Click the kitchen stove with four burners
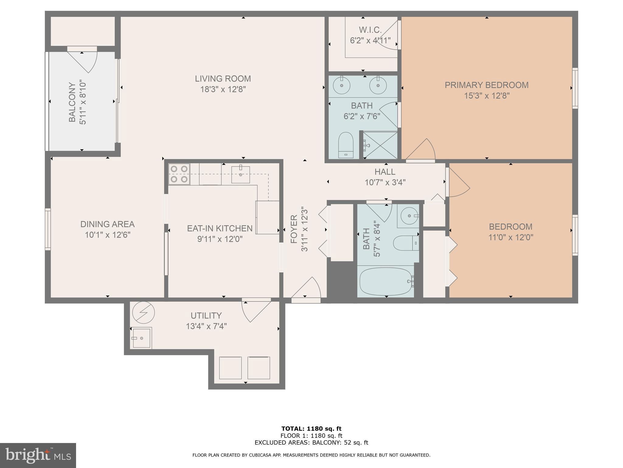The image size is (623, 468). coord(179,174)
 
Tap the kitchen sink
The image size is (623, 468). coord(240,175)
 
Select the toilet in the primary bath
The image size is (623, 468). coord(346,145)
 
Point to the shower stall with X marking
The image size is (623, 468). coord(380,145)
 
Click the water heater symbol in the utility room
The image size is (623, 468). coord(144,313)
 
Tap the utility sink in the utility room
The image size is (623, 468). coord(142,338)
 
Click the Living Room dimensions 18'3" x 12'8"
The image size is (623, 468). coord(223,90)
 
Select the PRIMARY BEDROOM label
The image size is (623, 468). coord(486,85)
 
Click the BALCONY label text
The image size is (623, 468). coord(72,102)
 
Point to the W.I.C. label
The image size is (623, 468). coord(370,30)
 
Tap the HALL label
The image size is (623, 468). coord(385,172)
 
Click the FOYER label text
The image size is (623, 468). coord(294,229)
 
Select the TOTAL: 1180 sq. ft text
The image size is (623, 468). coord(311,429)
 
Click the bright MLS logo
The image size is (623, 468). coord(38,455)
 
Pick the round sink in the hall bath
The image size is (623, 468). coord(409,216)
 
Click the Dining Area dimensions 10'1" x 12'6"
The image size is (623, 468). coord(107,235)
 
